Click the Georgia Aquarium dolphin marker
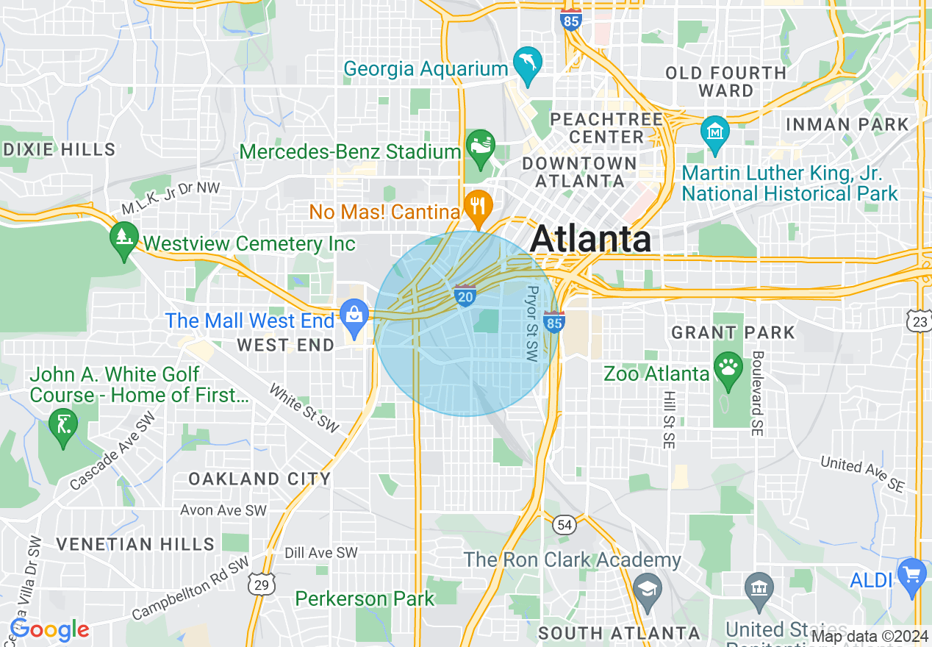coord(527,63)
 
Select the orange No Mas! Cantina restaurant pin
coord(478,206)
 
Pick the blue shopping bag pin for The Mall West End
coord(354,317)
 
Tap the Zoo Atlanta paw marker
coord(728,368)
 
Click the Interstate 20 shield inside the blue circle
coord(465,295)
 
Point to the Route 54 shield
coord(564,523)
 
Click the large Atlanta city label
coord(590,238)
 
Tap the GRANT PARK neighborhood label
coord(733,332)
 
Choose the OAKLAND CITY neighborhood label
coord(259,479)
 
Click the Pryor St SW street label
coord(532,323)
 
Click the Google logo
coord(49,630)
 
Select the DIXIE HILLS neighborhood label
coord(59,149)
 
